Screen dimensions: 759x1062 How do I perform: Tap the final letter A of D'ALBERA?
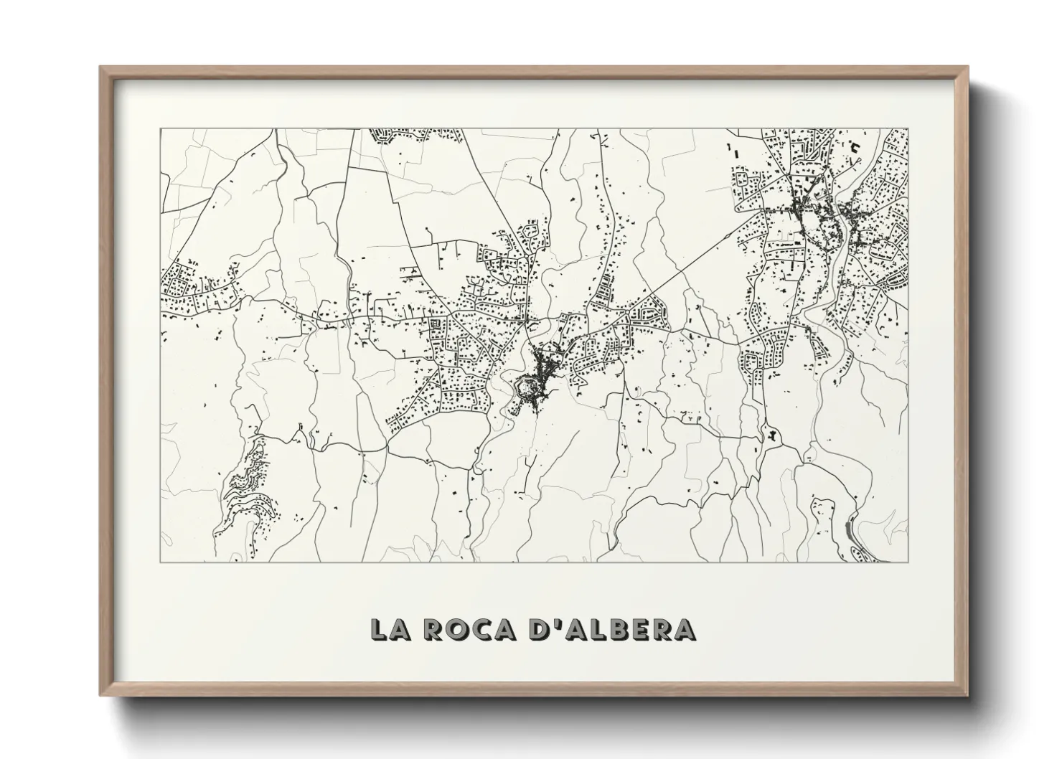point(684,628)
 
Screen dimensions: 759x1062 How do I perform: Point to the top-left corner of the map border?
point(160,129)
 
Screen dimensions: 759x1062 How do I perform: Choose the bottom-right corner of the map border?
point(908,562)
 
